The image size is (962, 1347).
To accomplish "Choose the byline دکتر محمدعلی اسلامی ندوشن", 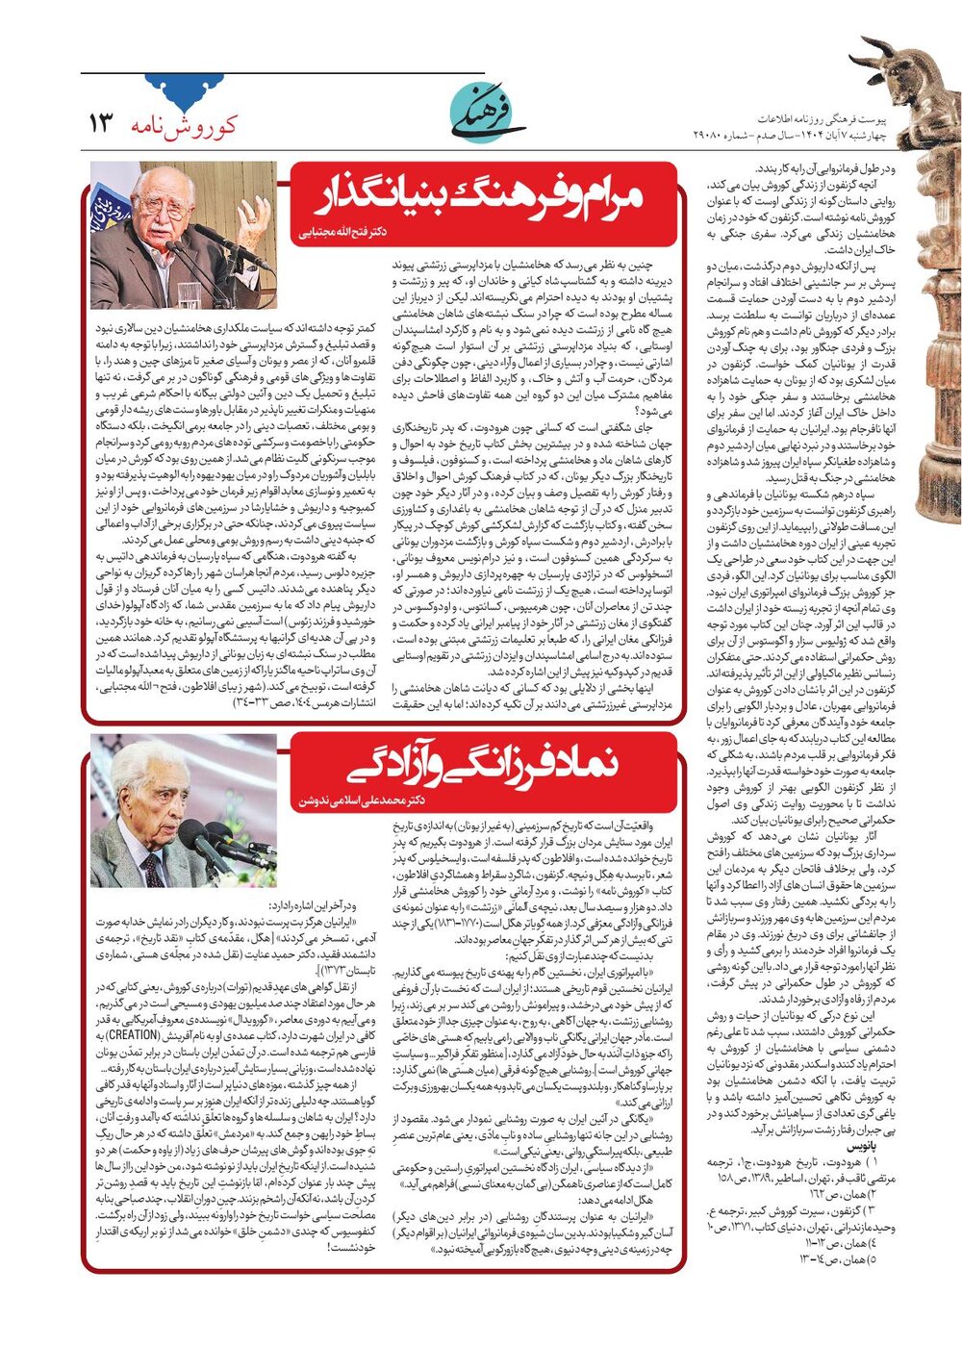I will pyautogui.click(x=362, y=800).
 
